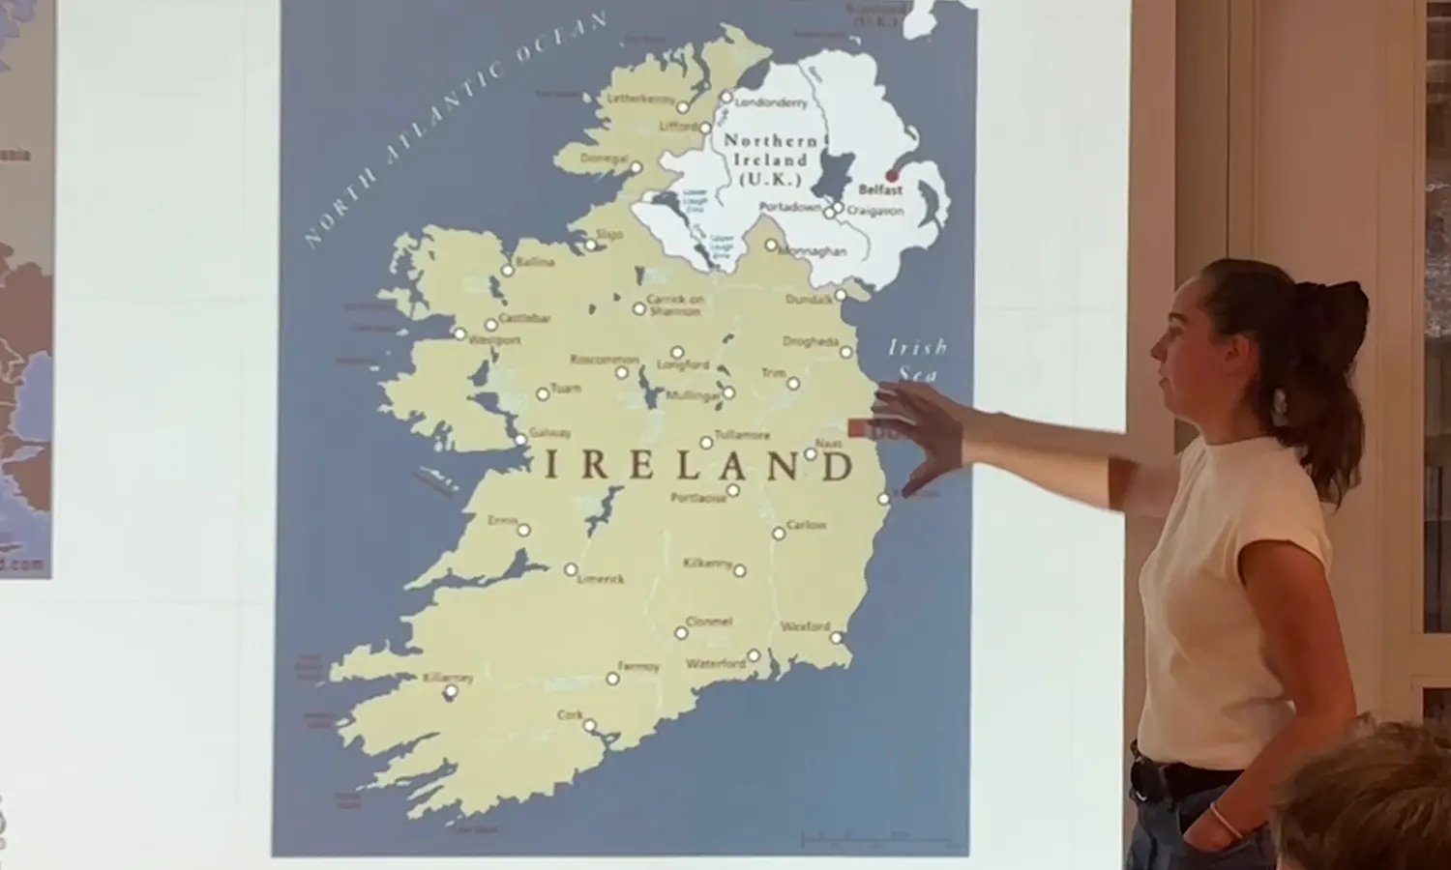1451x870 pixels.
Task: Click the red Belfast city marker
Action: [892, 176]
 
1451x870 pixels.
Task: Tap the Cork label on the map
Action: [570, 714]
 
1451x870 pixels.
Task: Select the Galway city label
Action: [550, 433]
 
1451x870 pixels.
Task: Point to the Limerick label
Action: [601, 578]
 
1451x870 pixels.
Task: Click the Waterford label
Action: [716, 663]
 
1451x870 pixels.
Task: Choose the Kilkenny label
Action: [708, 563]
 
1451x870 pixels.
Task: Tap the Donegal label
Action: [605, 158]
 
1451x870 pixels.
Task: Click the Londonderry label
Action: [771, 102]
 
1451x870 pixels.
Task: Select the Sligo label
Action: [609, 234]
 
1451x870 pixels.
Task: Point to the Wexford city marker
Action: [836, 638]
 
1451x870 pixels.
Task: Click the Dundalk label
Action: [809, 300]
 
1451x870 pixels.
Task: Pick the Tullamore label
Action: [742, 435]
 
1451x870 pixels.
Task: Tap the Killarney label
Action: [448, 678]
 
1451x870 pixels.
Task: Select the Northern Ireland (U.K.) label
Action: [771, 159]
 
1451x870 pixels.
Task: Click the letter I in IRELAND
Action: [552, 466]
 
